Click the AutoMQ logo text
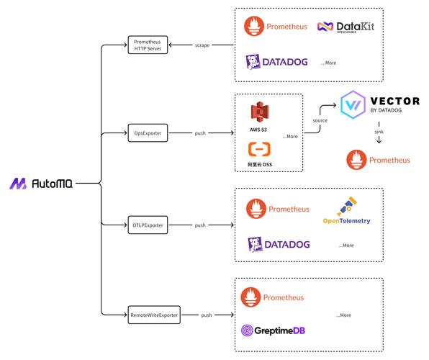click(53, 184)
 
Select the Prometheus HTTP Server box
click(148, 45)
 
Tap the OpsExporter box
click(148, 133)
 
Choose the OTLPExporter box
click(148, 225)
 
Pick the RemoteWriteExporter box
click(154, 315)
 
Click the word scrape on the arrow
click(202, 45)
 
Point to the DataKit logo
click(346, 27)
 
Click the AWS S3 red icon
click(260, 112)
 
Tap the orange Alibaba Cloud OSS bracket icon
click(259, 149)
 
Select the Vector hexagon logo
click(353, 104)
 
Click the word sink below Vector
click(379, 132)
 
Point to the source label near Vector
click(320, 120)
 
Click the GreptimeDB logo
click(273, 330)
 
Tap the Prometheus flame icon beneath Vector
click(356, 160)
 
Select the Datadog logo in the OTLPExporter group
click(279, 244)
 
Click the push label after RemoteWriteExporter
click(207, 315)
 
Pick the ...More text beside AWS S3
click(290, 136)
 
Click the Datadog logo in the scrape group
click(276, 62)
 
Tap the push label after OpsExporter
click(200, 133)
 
